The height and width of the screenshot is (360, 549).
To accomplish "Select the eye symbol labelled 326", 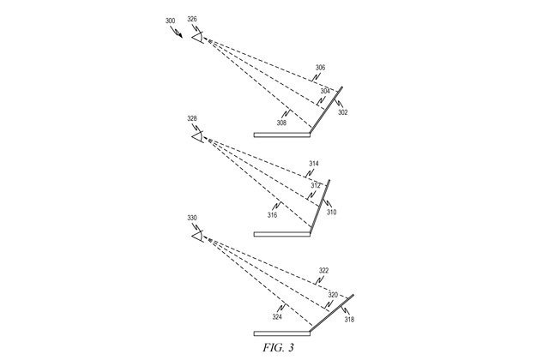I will pyautogui.click(x=198, y=37).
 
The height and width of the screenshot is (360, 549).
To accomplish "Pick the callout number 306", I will pyautogui.click(x=320, y=68).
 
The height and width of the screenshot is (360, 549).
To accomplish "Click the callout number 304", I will pyautogui.click(x=325, y=90).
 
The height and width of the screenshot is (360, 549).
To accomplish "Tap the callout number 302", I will pyautogui.click(x=343, y=111).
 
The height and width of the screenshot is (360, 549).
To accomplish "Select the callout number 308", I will pyautogui.click(x=282, y=123).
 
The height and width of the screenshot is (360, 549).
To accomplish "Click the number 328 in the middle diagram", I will pyautogui.click(x=191, y=118).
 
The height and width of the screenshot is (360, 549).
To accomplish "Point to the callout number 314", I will pyautogui.click(x=314, y=163).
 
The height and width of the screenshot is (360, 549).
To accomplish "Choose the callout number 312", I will pyautogui.click(x=317, y=184).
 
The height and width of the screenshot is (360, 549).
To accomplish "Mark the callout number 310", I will pyautogui.click(x=331, y=212).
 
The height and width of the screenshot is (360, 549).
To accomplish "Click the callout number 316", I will pyautogui.click(x=272, y=215).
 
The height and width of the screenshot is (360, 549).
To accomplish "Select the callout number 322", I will pyautogui.click(x=323, y=270).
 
